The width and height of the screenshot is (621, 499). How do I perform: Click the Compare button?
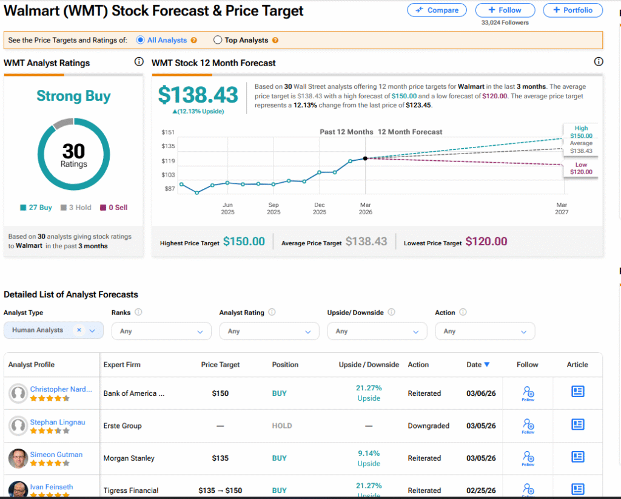[437, 10]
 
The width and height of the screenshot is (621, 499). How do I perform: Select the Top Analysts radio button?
[218, 40]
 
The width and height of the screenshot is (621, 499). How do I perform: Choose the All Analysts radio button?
[141, 40]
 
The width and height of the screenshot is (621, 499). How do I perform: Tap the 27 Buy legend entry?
[36, 208]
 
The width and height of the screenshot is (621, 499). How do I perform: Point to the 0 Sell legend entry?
[114, 208]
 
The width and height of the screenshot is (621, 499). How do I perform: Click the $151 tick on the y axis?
[168, 132]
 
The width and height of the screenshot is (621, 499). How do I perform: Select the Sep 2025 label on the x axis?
[274, 208]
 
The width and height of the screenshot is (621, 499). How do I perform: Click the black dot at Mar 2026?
[365, 158]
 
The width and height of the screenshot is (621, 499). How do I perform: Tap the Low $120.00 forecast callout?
[582, 168]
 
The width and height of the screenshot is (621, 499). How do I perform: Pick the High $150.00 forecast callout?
[581, 132]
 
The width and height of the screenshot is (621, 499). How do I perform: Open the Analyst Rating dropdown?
[269, 331]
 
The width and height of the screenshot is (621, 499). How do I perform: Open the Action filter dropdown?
[485, 331]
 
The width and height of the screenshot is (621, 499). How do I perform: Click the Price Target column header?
[220, 365]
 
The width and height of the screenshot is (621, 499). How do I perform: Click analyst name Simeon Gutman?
[56, 455]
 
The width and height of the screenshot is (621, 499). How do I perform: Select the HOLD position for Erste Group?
[281, 426]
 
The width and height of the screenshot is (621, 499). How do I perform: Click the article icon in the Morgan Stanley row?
[578, 457]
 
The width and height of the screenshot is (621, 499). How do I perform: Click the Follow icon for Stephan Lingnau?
[528, 426]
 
